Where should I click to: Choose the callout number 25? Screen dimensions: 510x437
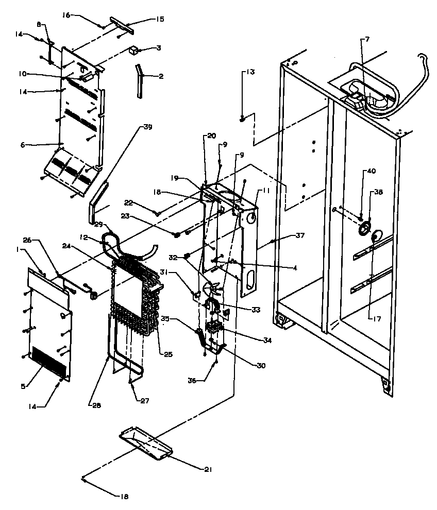pyautogui.click(x=169, y=354)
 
